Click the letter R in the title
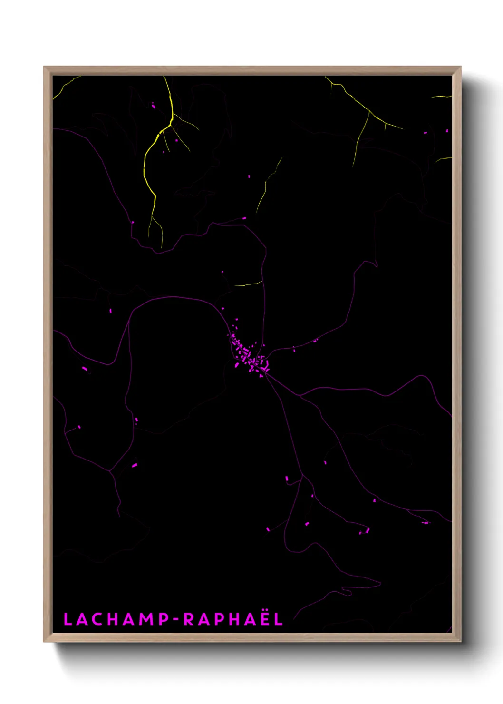[189, 619]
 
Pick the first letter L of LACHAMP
[68, 619]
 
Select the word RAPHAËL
[233, 619]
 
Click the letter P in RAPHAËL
[217, 619]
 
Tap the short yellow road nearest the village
[248, 284]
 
